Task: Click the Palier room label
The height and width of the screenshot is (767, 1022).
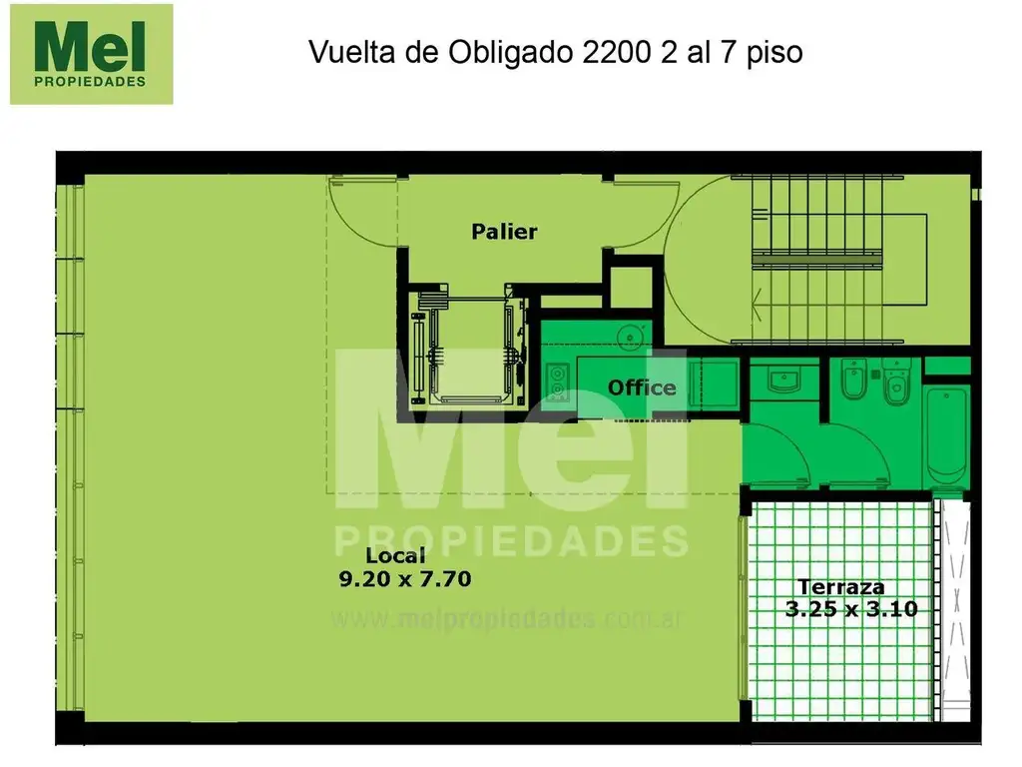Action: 504,232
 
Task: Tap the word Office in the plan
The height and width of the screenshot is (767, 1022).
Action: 642,388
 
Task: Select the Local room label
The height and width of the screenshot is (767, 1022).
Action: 395,555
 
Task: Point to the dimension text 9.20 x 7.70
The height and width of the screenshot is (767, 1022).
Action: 405,579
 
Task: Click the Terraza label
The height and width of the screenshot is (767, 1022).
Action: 840,587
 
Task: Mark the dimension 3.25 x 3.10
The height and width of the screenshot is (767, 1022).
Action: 851,609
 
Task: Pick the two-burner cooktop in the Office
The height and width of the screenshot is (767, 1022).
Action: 557,382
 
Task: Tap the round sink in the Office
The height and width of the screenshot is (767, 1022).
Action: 631,338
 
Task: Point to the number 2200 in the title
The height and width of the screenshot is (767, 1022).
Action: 616,52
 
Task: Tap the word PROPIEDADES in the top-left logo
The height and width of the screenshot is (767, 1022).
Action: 89,82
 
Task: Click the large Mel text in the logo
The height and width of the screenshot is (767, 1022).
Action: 89,47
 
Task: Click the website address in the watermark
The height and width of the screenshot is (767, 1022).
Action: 506,618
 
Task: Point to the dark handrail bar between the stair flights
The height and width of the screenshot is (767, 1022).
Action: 817,261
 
